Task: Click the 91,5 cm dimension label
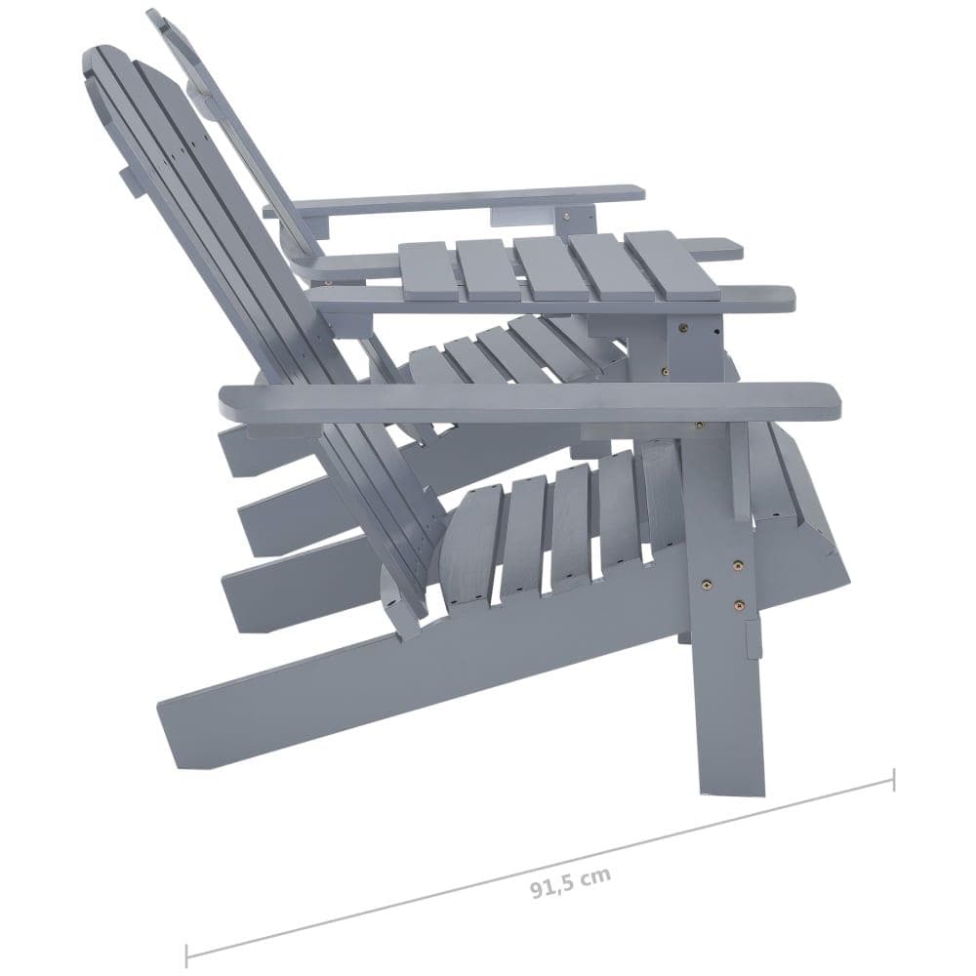pyautogui.click(x=571, y=880)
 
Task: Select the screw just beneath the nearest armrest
pyautogui.click(x=700, y=426)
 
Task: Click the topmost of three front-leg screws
pyautogui.click(x=737, y=564)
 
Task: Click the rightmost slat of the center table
pyautogui.click(x=671, y=265)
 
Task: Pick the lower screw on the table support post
pyautogui.click(x=666, y=372)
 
